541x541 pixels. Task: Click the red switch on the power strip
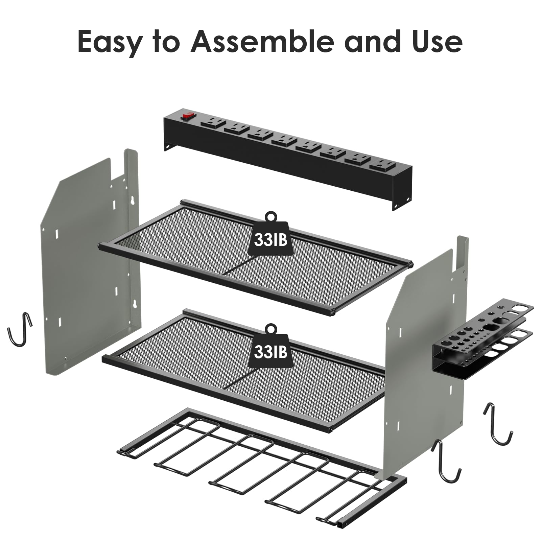pyautogui.click(x=188, y=116)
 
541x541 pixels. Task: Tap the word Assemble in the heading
pyautogui.click(x=262, y=41)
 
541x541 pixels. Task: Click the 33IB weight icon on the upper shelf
pyautogui.click(x=270, y=235)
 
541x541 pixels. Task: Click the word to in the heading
pyautogui.click(x=166, y=42)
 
